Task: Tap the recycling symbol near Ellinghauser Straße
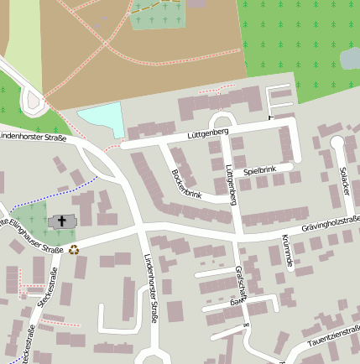(x=74, y=248)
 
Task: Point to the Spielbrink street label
(x=259, y=171)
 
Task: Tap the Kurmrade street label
(x=288, y=250)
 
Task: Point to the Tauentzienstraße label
(x=333, y=337)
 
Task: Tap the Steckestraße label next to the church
(x=53, y=287)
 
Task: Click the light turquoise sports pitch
(x=100, y=120)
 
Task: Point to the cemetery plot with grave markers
(x=159, y=14)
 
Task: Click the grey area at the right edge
(x=350, y=58)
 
